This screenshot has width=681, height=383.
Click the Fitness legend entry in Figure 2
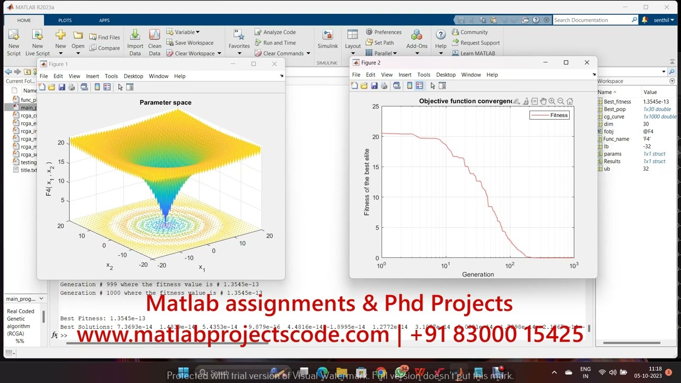point(559,115)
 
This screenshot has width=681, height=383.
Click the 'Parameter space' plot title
point(165,103)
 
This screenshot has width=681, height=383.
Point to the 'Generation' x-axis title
point(478,274)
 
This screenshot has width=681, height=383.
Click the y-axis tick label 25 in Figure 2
point(376,107)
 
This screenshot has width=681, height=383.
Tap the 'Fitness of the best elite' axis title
point(367,182)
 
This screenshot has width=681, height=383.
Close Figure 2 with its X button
point(587,63)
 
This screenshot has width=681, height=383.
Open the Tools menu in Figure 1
point(111,76)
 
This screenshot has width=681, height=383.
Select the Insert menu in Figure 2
point(405,75)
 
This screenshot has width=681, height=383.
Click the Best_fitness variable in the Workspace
point(617,102)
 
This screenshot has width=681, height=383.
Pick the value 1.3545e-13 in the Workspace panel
point(656,102)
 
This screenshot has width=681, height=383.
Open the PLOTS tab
point(65,20)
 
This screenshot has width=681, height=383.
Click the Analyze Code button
point(275,32)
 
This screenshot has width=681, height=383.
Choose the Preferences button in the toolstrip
point(384,32)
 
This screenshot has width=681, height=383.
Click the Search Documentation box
point(592,20)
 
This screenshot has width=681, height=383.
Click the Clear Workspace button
point(194,53)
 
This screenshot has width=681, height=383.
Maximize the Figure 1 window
point(253,64)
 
